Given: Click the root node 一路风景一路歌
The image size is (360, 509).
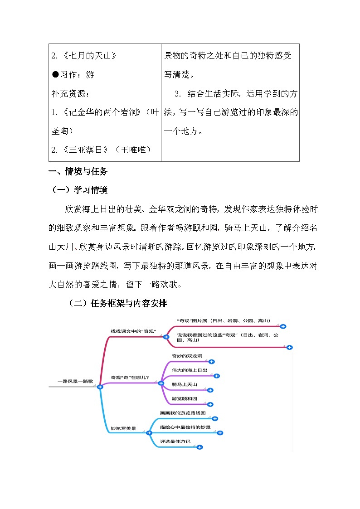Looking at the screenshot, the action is (75, 382).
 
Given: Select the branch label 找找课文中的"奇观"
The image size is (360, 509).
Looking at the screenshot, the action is (133, 331).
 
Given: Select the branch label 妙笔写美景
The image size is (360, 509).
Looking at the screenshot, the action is (123, 427).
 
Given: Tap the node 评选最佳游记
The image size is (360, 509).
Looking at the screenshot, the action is (175, 441).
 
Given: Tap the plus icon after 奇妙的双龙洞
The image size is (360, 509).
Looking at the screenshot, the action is (211, 362).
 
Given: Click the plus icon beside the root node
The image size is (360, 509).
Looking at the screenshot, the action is (100, 387).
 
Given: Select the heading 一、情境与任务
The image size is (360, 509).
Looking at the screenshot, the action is (78, 172).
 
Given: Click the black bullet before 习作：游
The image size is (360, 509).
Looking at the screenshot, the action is (55, 75).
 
